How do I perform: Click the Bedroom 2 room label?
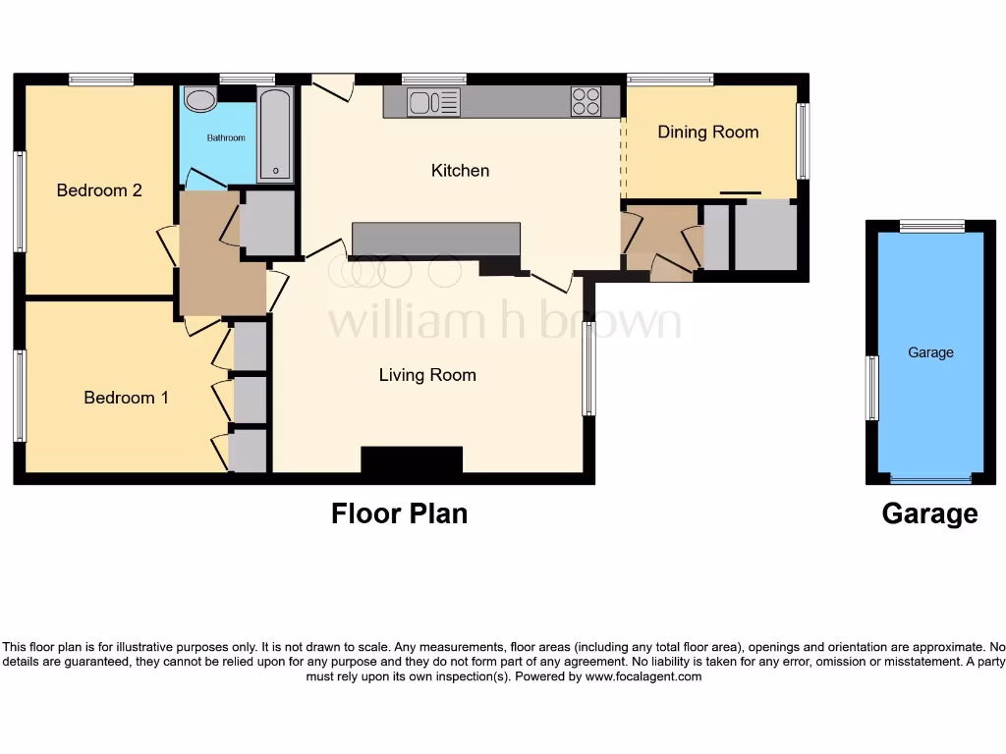[x=99, y=189]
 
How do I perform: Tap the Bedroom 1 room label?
[x=126, y=398]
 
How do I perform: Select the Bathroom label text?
[x=226, y=137]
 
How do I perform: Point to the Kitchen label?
[x=460, y=171]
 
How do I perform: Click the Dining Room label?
[x=707, y=132]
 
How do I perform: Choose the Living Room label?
[x=427, y=375]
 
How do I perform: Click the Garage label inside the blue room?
[x=930, y=352]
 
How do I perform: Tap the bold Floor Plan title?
[x=399, y=513]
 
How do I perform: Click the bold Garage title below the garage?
[x=929, y=513]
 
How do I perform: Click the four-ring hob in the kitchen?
[x=587, y=102]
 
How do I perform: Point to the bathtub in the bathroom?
[x=275, y=135]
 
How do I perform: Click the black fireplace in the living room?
[x=412, y=459]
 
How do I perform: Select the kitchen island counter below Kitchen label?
[x=436, y=239]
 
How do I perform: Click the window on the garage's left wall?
[x=871, y=388]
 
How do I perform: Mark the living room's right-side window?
[x=588, y=368]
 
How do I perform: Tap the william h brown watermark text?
[x=504, y=320]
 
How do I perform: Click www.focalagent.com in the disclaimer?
[x=643, y=676]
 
